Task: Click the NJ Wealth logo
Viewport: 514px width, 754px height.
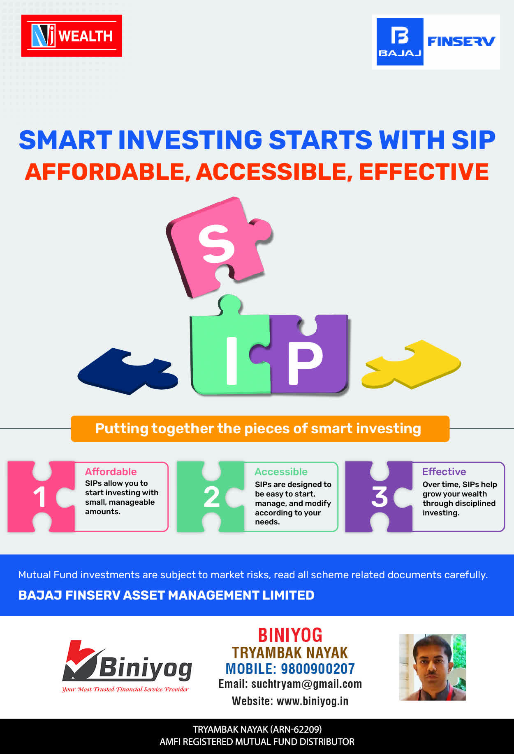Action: click(x=72, y=36)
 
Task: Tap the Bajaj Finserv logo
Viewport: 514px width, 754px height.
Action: click(x=436, y=42)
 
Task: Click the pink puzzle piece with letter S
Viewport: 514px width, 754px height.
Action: click(x=218, y=246)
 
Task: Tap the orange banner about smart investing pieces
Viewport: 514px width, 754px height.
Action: click(x=260, y=429)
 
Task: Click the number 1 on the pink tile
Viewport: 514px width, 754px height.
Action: click(x=39, y=497)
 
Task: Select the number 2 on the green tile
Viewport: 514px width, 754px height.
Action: click(x=211, y=497)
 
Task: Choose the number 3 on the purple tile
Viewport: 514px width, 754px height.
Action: click(x=379, y=497)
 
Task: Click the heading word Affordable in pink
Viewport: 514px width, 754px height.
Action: click(x=111, y=471)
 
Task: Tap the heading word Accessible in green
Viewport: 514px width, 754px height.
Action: click(x=281, y=471)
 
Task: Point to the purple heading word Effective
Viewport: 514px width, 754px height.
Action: click(x=444, y=471)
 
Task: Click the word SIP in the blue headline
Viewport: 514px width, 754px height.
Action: click(x=473, y=140)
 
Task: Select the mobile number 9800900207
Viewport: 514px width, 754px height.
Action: click(x=318, y=669)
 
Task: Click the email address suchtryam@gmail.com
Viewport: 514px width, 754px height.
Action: click(x=306, y=684)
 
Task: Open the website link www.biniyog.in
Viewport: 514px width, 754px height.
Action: click(x=313, y=701)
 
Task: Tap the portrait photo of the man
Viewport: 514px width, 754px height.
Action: click(x=433, y=667)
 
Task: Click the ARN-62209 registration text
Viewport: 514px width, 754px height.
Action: click(x=296, y=729)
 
